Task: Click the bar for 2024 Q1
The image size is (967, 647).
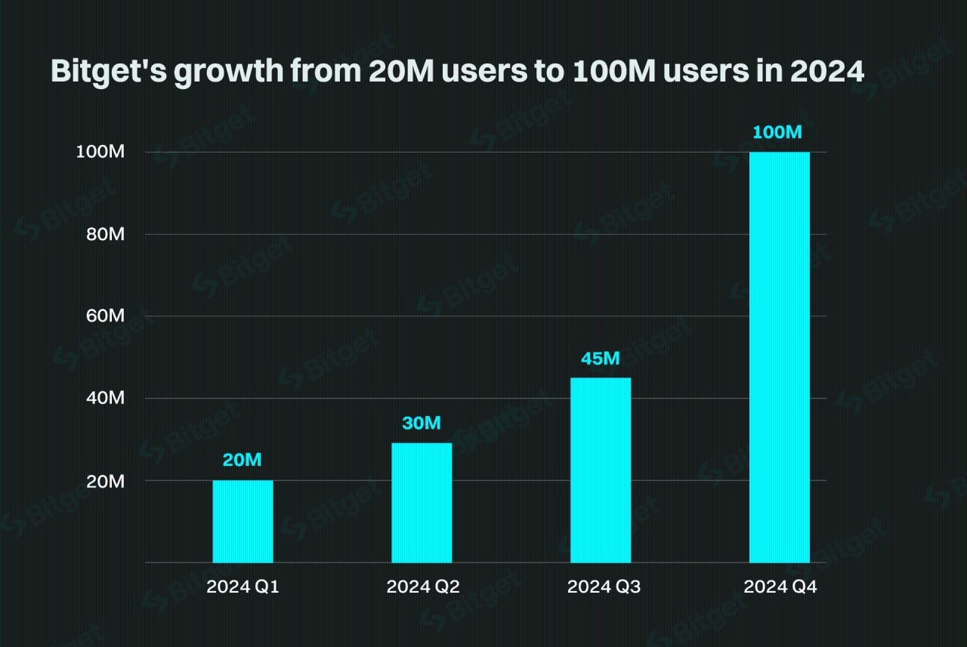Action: (243, 521)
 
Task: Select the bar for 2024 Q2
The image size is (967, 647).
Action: (422, 502)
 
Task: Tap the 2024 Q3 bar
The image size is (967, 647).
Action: (601, 470)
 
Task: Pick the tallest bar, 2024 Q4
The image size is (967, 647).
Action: (780, 357)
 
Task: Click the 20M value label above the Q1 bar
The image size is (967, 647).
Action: (242, 461)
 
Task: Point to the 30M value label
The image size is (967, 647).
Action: (421, 423)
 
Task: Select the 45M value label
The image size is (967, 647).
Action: (600, 358)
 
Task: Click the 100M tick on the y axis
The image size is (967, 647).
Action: (100, 153)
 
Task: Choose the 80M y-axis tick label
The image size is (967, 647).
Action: (105, 235)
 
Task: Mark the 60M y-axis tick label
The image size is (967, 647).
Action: (105, 316)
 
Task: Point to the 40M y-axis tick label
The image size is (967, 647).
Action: (105, 399)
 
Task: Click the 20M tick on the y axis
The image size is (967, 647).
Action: (105, 481)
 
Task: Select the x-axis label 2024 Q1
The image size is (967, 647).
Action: (243, 587)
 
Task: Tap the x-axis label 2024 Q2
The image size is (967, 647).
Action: (422, 587)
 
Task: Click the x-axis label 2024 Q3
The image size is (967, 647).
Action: (603, 587)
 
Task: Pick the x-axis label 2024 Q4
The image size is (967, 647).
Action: (780, 587)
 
